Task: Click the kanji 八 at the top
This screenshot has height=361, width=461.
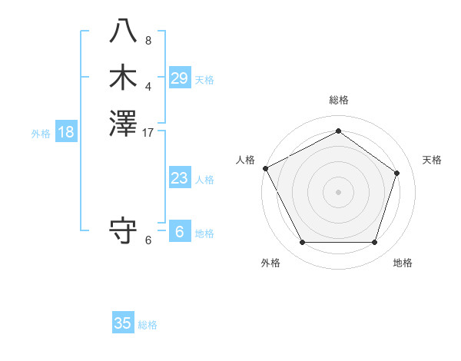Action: pos(123,31)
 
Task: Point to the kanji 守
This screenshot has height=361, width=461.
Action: pos(123,230)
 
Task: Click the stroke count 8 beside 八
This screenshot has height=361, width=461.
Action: pos(148,40)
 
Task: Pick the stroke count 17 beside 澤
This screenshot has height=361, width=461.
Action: pos(148,132)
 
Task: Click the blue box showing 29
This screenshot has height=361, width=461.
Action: pos(180,78)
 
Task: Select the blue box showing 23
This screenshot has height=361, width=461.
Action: pos(180,178)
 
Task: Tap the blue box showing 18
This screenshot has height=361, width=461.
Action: pos(66,132)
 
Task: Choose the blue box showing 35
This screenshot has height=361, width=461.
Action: pos(123,323)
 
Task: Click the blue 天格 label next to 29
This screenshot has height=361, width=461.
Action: pos(204,80)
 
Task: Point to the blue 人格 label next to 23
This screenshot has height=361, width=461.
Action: pos(204,180)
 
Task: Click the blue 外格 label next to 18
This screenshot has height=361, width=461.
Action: pos(41,134)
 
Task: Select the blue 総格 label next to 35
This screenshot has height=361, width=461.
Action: pos(148,325)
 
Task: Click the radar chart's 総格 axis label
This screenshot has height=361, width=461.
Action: pos(339,100)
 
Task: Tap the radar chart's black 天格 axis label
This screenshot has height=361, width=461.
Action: pos(433,160)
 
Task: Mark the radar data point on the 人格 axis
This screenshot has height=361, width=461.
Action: pos(265,168)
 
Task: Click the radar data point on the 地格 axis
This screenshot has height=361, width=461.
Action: pos(374,243)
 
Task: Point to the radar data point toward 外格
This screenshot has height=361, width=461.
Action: pos(302,243)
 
